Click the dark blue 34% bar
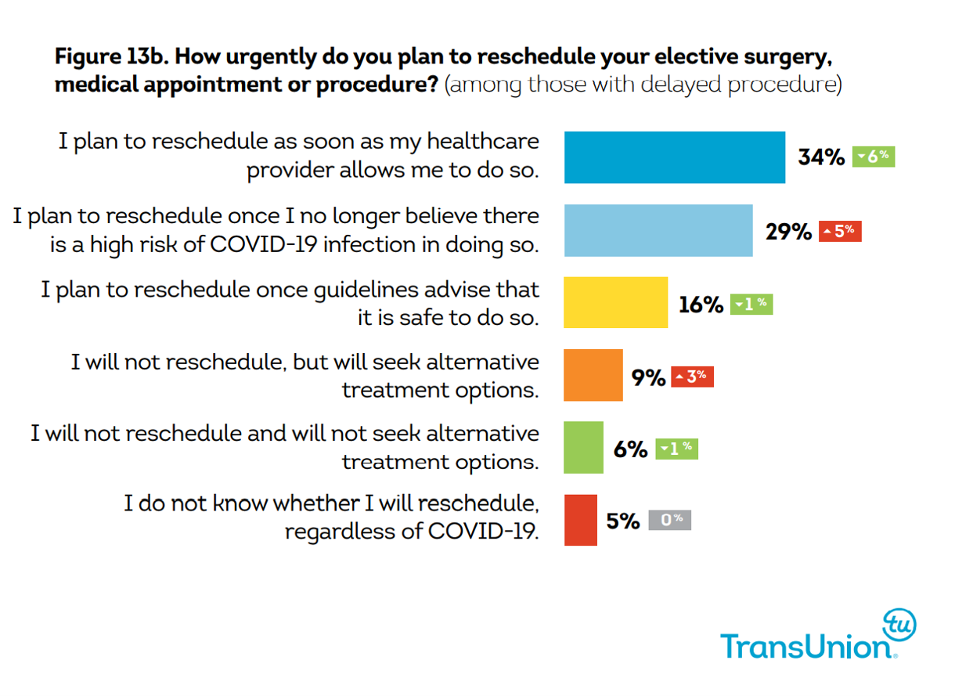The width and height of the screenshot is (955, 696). pyautogui.click(x=674, y=157)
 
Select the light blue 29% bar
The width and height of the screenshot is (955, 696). pyautogui.click(x=658, y=230)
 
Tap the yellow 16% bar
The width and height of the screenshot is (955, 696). pyautogui.click(x=615, y=302)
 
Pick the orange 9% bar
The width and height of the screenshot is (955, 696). pyautogui.click(x=593, y=375)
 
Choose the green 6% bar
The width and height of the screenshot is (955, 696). pyautogui.click(x=583, y=448)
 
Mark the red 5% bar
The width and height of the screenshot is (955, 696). pyautogui.click(x=580, y=520)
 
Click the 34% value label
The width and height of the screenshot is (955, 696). pyautogui.click(x=821, y=157)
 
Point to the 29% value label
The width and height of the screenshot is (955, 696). pyautogui.click(x=788, y=231)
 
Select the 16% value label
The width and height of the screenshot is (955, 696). pyautogui.click(x=701, y=304)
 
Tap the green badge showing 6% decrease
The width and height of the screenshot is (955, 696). pyautogui.click(x=873, y=157)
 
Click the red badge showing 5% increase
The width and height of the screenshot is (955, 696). pyautogui.click(x=840, y=231)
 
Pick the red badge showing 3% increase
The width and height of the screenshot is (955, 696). pyautogui.click(x=692, y=377)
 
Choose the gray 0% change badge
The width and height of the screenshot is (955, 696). pyautogui.click(x=669, y=520)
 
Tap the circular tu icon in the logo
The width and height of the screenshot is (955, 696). pyautogui.click(x=899, y=624)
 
